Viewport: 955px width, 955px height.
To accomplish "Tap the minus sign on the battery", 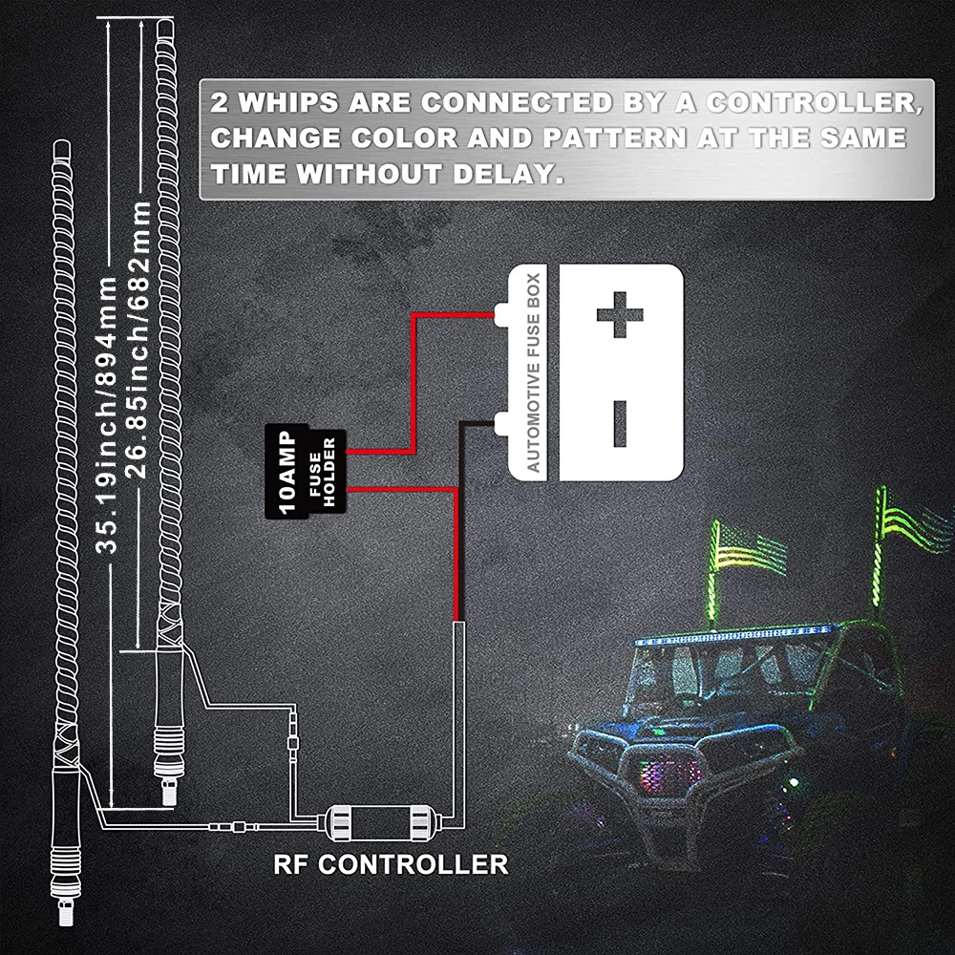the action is point(619,423).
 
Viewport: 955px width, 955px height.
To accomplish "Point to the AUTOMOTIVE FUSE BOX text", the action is point(534,372).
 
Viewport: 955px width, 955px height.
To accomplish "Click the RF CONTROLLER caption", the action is point(391,865).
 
